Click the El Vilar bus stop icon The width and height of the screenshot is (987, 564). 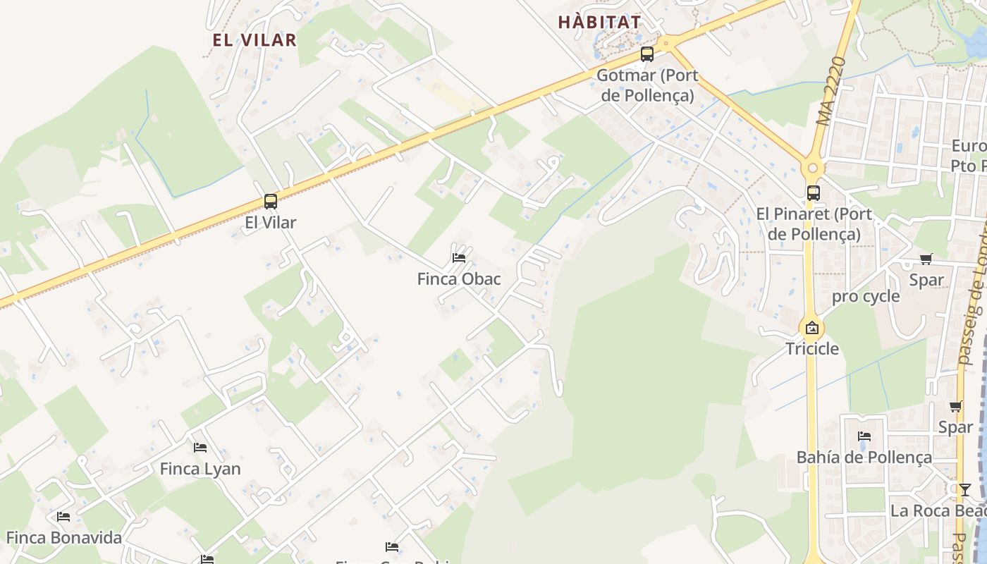point(271,202)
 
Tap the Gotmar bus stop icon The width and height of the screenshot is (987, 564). point(646,54)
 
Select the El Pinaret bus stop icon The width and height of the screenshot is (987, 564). point(813,192)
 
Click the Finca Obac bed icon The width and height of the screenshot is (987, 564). point(459,258)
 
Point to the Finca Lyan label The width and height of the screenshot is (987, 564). point(200,469)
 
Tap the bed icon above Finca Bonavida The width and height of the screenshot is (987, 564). point(63,517)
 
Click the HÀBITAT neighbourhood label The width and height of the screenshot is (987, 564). point(599,23)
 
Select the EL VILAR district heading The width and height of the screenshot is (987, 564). point(255,40)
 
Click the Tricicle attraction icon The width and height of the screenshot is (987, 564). point(812,328)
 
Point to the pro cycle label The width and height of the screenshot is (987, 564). point(866,296)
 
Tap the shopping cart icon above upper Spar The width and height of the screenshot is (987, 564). point(926,259)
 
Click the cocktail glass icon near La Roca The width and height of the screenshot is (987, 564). point(964,489)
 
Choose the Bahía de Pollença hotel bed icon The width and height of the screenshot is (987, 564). point(864,436)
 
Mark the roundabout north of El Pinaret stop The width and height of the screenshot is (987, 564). point(813,168)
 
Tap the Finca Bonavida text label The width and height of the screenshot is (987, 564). point(64,538)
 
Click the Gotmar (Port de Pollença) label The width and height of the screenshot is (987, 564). point(646,85)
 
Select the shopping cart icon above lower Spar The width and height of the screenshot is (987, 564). point(955,407)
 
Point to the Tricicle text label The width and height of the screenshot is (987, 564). point(812,349)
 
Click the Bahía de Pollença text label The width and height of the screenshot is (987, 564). point(864,458)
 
